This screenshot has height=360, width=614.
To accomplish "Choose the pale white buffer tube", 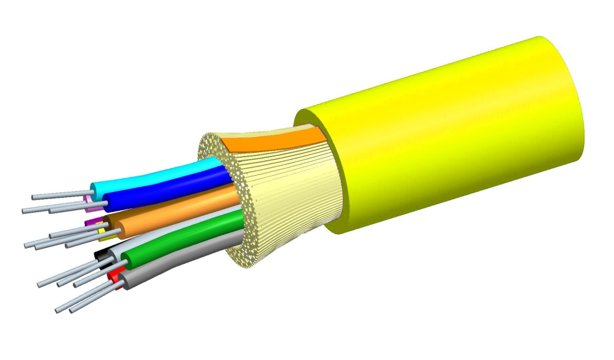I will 185,228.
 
